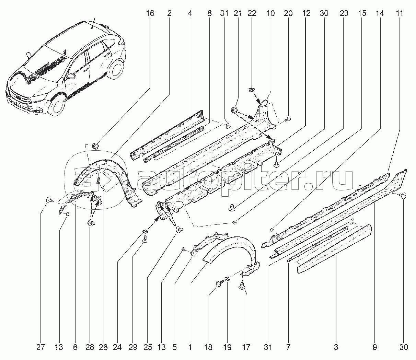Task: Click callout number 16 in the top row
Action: (150, 13)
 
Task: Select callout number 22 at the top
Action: (252, 13)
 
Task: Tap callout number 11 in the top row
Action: (399, 13)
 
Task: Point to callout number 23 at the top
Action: (344, 13)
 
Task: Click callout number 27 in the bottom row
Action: (41, 347)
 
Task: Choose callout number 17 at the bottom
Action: (246, 347)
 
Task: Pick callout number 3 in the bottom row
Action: (336, 347)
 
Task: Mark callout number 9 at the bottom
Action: (374, 347)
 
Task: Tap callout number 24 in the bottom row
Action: (117, 347)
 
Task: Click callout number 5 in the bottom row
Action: (174, 347)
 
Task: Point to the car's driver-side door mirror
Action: (72, 76)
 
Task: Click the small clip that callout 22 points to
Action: (251, 91)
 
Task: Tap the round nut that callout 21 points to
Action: (234, 110)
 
